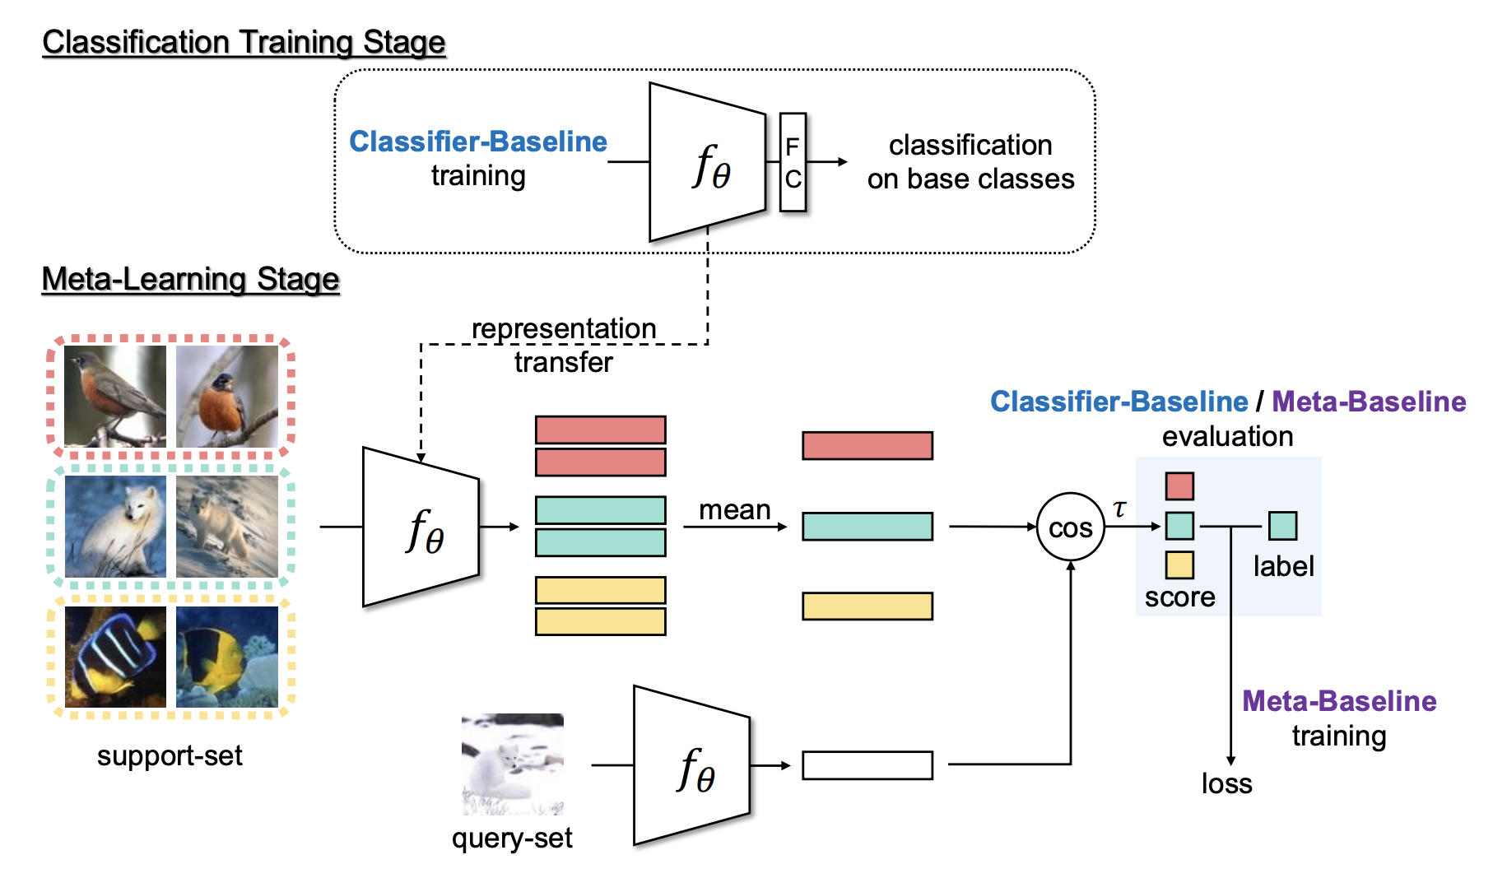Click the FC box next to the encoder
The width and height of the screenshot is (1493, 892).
(x=793, y=162)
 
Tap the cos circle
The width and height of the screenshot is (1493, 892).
(x=1070, y=527)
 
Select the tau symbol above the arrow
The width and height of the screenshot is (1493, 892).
(x=1119, y=509)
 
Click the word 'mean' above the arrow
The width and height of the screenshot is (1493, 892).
(x=734, y=510)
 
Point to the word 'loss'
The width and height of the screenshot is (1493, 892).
(x=1226, y=783)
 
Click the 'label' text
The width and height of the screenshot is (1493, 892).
(x=1283, y=566)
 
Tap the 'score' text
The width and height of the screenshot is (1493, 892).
(x=1179, y=597)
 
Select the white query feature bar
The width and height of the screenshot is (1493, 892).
(x=867, y=765)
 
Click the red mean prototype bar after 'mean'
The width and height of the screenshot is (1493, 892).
(x=867, y=446)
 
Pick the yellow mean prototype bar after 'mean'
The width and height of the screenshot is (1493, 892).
(x=867, y=606)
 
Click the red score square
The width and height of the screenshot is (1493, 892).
(x=1179, y=486)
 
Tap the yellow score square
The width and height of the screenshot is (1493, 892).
(x=1179, y=565)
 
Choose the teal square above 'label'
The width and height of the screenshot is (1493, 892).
(x=1282, y=526)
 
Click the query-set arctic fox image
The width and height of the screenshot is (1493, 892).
(x=513, y=764)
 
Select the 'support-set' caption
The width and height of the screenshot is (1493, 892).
(x=170, y=755)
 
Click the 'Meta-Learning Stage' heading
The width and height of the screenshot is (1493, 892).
(x=190, y=279)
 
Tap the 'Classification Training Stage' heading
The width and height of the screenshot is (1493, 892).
(x=244, y=42)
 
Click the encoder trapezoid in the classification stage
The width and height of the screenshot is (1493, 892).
(x=708, y=162)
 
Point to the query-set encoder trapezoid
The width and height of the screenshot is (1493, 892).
(x=692, y=765)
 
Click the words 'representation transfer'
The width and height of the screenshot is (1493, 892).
(x=564, y=345)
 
